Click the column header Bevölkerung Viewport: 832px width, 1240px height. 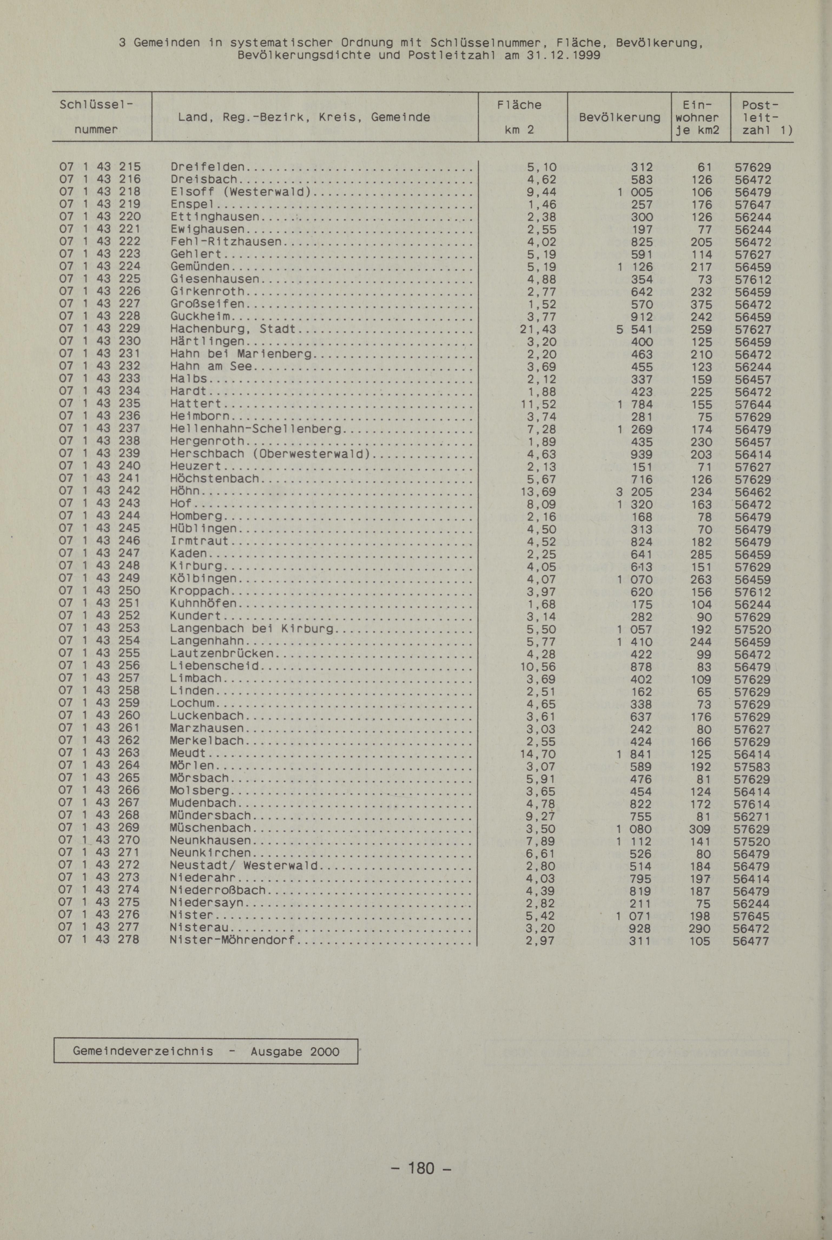(x=619, y=117)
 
